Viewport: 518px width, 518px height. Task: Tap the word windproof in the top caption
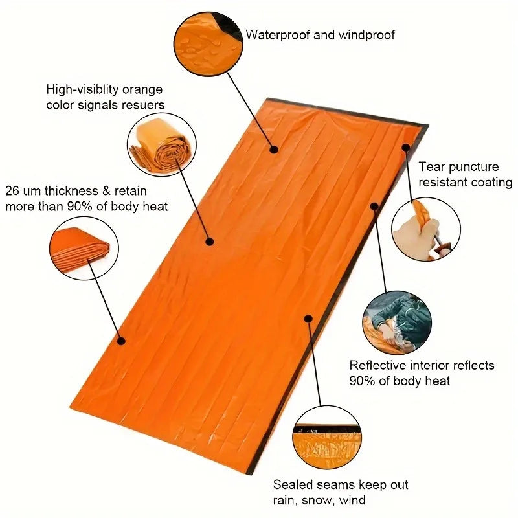pyautogui.click(x=363, y=34)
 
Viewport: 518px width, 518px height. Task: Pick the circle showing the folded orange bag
pyautogui.click(x=85, y=247)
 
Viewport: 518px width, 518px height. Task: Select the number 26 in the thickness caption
pyautogui.click(x=13, y=192)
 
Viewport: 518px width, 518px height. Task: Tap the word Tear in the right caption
pyautogui.click(x=432, y=167)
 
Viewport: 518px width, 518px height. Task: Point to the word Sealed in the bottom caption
pyautogui.click(x=291, y=484)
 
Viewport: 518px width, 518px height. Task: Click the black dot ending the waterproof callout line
pyautogui.click(x=274, y=150)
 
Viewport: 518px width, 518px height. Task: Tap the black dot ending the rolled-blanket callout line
pyautogui.click(x=210, y=242)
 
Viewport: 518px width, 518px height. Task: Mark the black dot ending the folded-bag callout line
pyautogui.click(x=121, y=341)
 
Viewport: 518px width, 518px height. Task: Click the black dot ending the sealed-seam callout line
pyautogui.click(x=309, y=319)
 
